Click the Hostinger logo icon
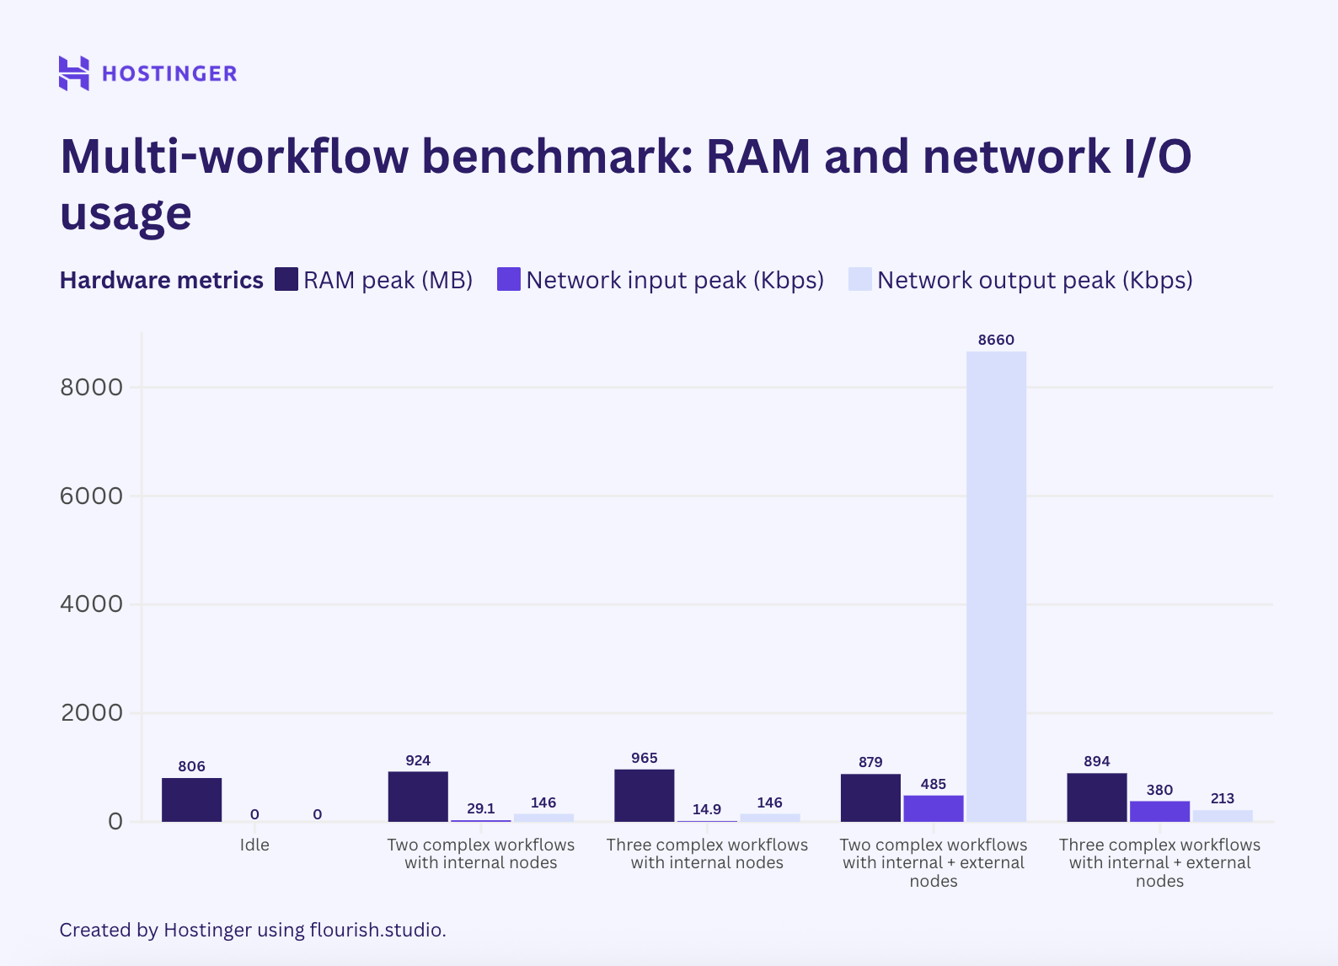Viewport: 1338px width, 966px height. (x=73, y=73)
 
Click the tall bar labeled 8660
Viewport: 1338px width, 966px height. (x=996, y=586)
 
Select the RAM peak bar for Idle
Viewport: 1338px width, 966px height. (x=192, y=799)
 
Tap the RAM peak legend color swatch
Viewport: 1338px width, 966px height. (x=286, y=279)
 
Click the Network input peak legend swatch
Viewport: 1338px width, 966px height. (x=508, y=279)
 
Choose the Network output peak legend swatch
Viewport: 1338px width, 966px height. (x=859, y=279)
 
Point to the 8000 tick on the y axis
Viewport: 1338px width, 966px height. (x=91, y=388)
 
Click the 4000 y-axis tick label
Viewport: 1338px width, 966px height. (x=91, y=604)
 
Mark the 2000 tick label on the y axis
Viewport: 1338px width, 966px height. (x=91, y=713)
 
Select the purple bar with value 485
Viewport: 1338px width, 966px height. (x=933, y=808)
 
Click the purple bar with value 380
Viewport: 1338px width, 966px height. (x=1159, y=811)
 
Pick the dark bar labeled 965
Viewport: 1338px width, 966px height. (x=645, y=795)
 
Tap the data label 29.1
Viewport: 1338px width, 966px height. (x=480, y=808)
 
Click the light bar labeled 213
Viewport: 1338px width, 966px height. (x=1222, y=815)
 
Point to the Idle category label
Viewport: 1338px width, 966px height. (x=254, y=845)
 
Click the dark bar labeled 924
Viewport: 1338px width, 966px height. (x=418, y=796)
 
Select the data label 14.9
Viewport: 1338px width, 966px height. (x=706, y=809)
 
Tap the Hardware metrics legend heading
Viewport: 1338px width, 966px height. (x=161, y=280)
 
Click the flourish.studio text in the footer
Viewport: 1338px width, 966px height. (x=376, y=930)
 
